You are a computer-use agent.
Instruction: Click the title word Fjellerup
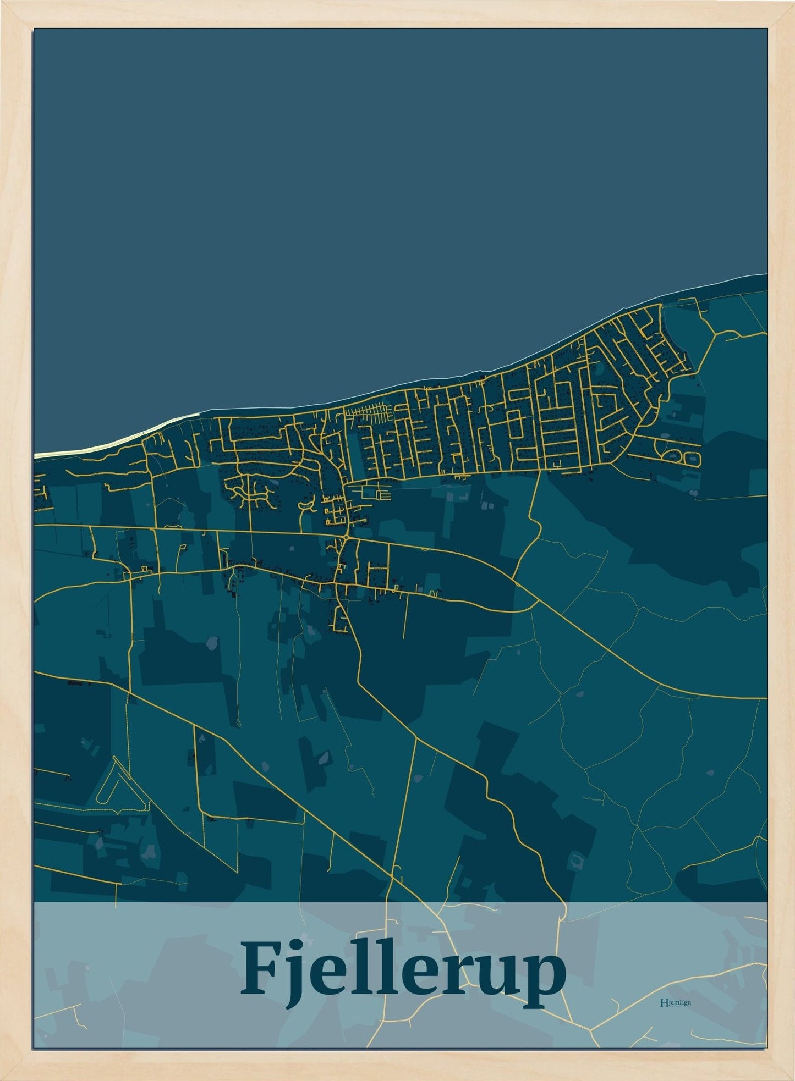[x=403, y=975]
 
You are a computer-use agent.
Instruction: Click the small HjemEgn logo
[x=675, y=1002]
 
